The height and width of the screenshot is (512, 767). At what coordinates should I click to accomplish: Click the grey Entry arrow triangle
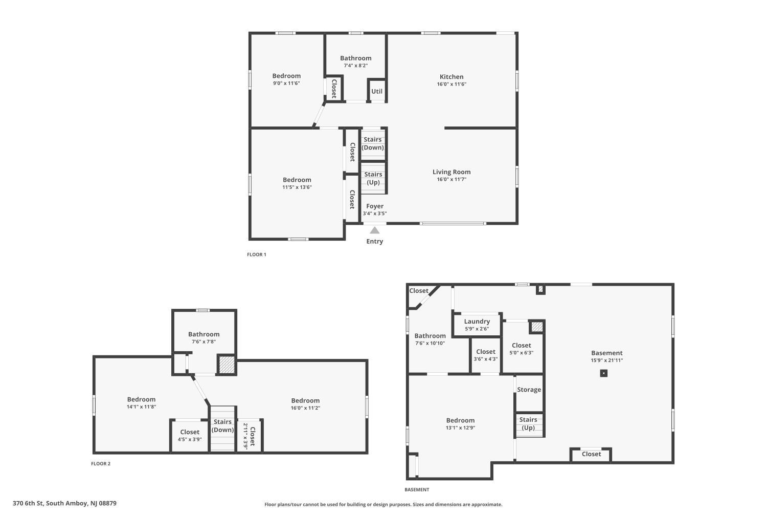click(375, 230)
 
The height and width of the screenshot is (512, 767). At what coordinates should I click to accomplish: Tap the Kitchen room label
click(452, 77)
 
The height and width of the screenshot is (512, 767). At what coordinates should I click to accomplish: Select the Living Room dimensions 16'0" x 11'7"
click(452, 179)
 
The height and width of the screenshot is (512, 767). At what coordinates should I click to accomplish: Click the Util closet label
click(377, 91)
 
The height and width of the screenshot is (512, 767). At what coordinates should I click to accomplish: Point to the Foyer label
click(375, 206)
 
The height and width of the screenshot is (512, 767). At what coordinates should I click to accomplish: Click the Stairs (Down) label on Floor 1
click(373, 143)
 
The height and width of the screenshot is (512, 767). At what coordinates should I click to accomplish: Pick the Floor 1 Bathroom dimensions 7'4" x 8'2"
click(356, 66)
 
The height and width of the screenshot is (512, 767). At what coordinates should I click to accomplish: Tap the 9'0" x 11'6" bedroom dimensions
click(286, 83)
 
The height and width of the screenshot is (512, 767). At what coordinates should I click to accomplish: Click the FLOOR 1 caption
click(257, 254)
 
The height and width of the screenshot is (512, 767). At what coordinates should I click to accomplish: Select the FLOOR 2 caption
click(101, 464)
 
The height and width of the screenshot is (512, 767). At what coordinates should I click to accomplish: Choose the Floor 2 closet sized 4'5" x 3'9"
click(190, 436)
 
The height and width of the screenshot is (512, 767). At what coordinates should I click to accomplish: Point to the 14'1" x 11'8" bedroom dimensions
click(142, 407)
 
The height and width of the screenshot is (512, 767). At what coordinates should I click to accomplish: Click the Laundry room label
click(477, 322)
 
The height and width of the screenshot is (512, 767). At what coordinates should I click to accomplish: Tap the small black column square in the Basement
click(604, 373)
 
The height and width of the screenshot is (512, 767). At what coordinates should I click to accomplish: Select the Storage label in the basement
click(529, 390)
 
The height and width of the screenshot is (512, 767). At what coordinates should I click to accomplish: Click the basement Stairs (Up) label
click(528, 423)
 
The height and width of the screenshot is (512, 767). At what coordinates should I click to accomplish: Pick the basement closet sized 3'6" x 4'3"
click(486, 355)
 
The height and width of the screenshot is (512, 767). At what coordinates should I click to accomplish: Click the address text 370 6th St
click(28, 503)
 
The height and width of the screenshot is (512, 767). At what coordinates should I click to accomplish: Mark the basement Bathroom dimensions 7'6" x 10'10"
click(430, 343)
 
